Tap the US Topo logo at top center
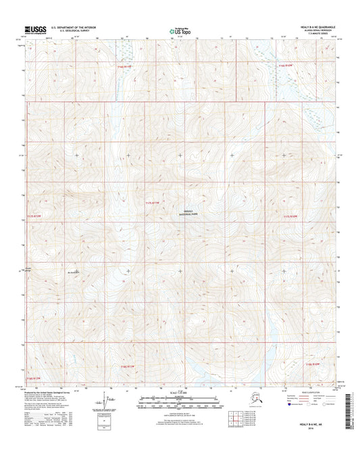click(177, 30)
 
